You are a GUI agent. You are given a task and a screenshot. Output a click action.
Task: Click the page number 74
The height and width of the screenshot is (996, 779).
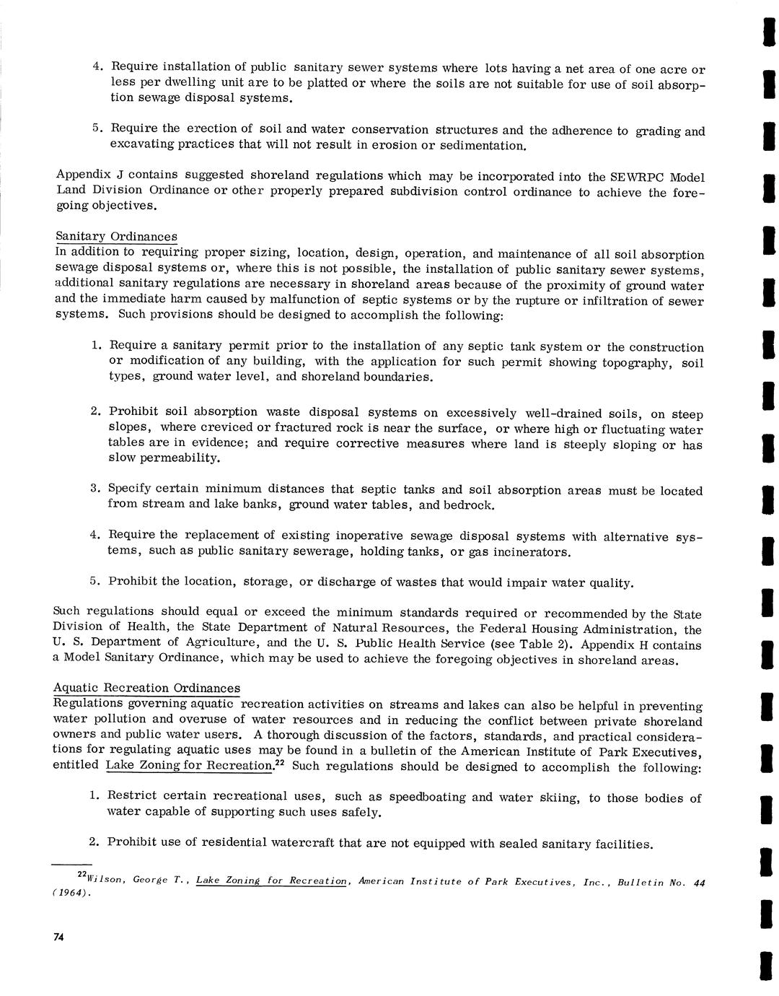tap(59, 938)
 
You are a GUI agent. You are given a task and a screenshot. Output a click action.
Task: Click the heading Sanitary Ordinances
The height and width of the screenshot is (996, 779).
tap(116, 237)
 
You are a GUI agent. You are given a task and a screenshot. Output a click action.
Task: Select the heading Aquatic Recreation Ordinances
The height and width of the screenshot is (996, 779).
tap(147, 688)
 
